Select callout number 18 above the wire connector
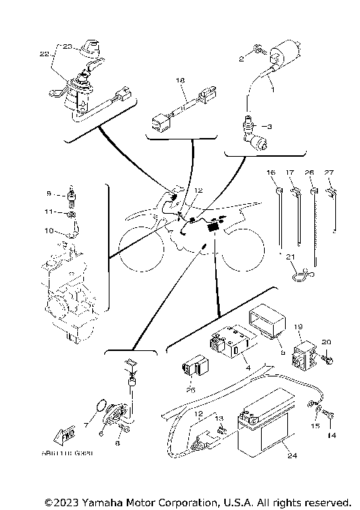[180, 79]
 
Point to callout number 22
[43, 54]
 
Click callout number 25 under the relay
[190, 389]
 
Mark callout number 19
[298, 326]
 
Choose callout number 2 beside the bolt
[242, 58]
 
